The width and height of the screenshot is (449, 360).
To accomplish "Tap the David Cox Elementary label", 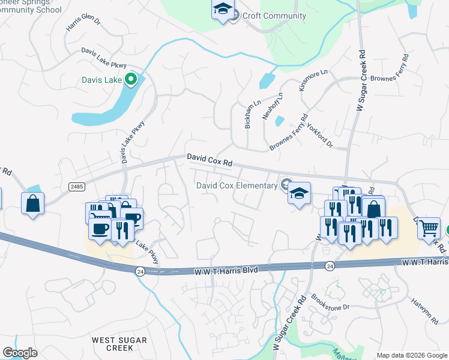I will tap(237, 185).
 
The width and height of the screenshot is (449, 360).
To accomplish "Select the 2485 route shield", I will tap(76, 187).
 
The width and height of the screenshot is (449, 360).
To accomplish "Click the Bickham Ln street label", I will tap(252, 114).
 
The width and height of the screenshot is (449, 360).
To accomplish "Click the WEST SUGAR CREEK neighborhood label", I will tap(112, 344).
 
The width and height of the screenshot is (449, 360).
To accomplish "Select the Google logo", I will tap(20, 353).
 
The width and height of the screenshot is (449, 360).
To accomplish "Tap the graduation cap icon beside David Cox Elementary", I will tap(299, 193).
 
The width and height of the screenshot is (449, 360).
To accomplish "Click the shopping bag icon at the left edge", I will tap(33, 203).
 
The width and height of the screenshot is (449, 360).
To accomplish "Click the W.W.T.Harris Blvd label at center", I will tap(226, 271).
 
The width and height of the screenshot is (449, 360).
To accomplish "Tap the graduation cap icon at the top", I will tap(223, 8).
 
